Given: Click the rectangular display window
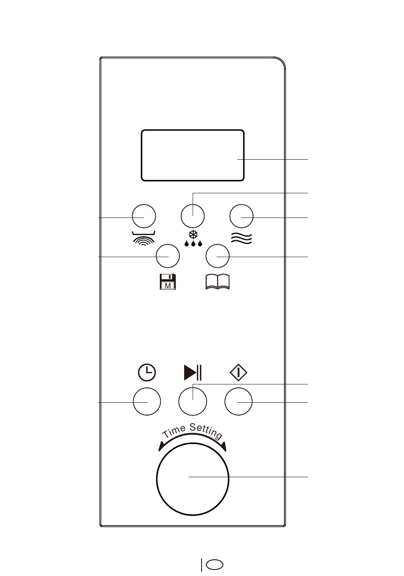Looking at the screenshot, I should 192,155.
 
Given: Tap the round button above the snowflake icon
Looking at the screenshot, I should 193,216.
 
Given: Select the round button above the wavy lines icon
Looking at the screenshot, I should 241,216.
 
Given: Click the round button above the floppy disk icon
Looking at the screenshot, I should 168,256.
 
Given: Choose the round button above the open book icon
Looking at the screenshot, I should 217,256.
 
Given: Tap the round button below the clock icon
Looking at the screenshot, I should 147,401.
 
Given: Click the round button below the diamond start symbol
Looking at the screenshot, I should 238,401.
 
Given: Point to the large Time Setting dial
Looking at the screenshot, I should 193,478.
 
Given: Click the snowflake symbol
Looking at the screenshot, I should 193,235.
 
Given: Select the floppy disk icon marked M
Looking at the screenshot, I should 168,282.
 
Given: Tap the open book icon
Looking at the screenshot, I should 217,282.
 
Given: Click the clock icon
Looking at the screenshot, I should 147,373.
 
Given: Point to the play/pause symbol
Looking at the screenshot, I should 193,373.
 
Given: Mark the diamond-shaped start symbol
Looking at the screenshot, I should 239,373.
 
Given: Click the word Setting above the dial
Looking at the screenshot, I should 206,430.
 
